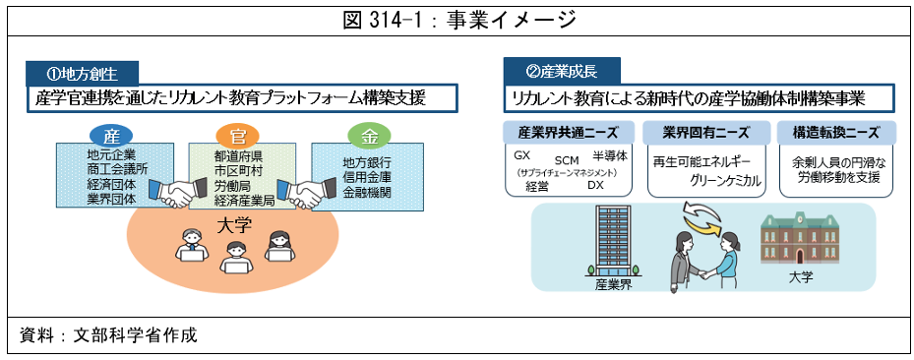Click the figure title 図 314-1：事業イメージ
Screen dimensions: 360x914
pos(457,19)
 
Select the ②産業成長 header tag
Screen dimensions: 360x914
pos(562,71)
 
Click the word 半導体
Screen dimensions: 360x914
pos(608,157)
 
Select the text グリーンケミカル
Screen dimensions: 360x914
pos(723,180)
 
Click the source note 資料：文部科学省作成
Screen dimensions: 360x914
pos(108,335)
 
